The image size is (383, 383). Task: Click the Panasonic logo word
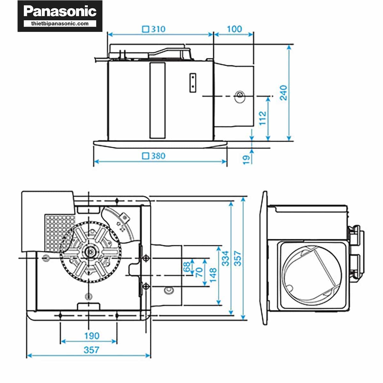pos(60,11)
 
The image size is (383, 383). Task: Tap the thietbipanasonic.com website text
pos(60,24)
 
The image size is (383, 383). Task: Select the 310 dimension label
pos(158,29)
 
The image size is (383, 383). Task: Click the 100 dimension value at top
pos(234,29)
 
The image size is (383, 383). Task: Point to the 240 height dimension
pos(283,93)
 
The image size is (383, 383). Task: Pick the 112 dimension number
pos(262,118)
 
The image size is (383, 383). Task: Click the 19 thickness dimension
pos(246,159)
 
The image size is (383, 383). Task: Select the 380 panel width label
pos(158,156)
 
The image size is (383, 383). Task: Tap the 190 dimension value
pos(92,336)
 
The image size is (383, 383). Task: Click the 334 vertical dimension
pos(225,258)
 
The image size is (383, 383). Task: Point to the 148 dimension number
pos(213,274)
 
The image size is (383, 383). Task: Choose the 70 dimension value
pos(199,272)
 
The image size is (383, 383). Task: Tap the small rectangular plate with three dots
pos(193,83)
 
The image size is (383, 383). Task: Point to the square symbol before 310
pos(146,29)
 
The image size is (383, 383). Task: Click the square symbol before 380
pos(146,156)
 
